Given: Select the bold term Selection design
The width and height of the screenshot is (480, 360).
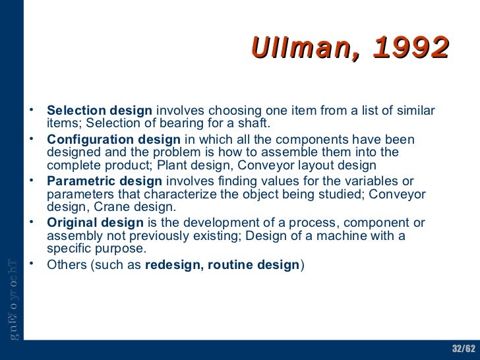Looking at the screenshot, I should [x=100, y=111].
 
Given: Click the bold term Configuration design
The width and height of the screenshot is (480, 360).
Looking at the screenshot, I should [x=113, y=140].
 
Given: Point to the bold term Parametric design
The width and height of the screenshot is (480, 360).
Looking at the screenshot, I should [x=104, y=181].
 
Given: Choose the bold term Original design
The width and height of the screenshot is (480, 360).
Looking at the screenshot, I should [x=95, y=223].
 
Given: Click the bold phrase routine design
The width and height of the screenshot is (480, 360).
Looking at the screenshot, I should [x=254, y=264].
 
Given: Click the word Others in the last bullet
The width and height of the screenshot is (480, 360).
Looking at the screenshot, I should [x=65, y=264].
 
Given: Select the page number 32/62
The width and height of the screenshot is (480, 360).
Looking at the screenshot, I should [x=463, y=348].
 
